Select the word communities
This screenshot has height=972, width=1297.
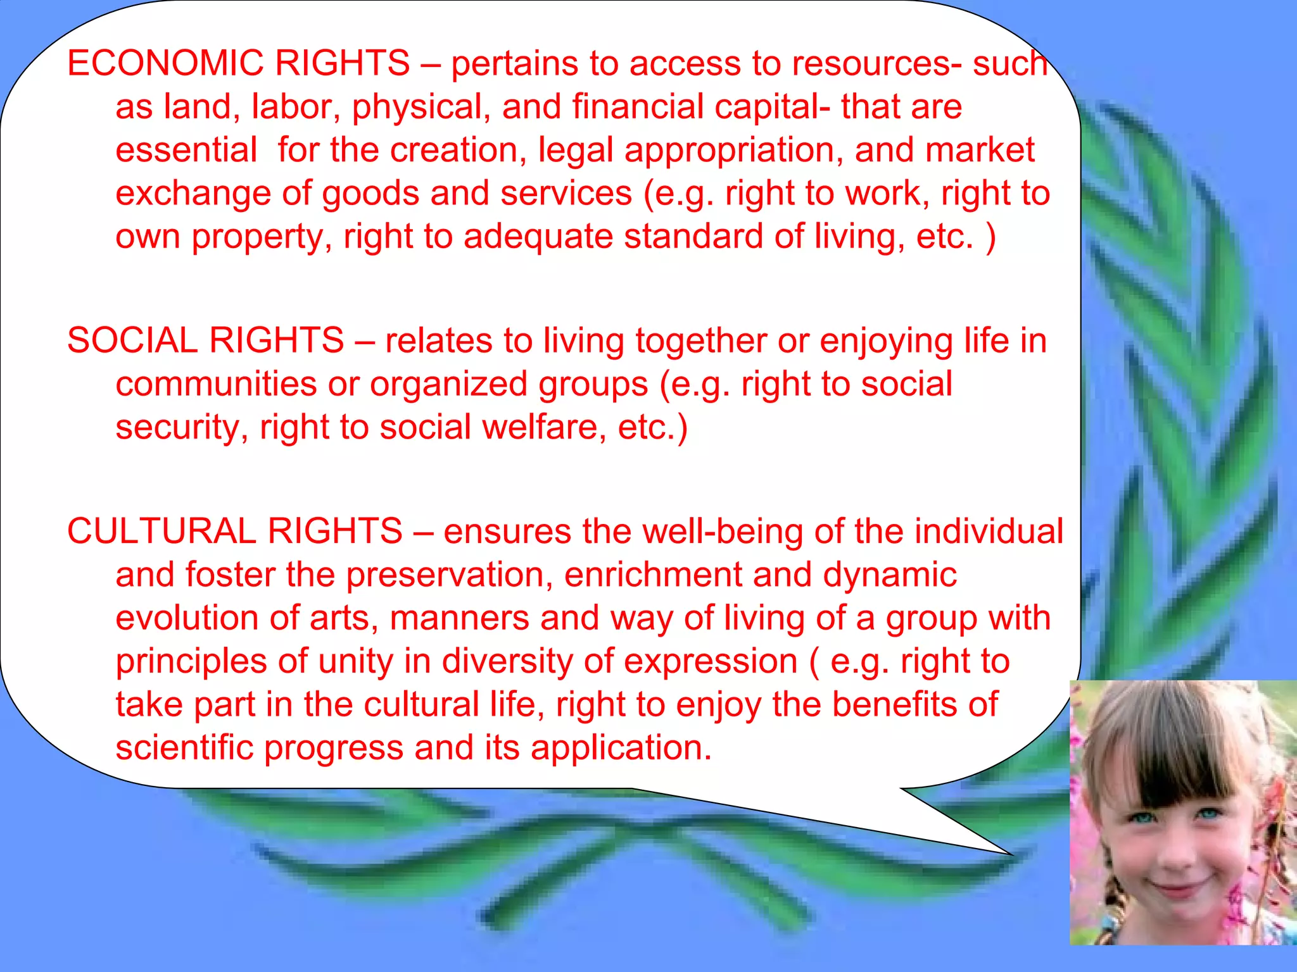pyautogui.click(x=216, y=384)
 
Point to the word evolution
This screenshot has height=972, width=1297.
pyautogui.click(x=187, y=618)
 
